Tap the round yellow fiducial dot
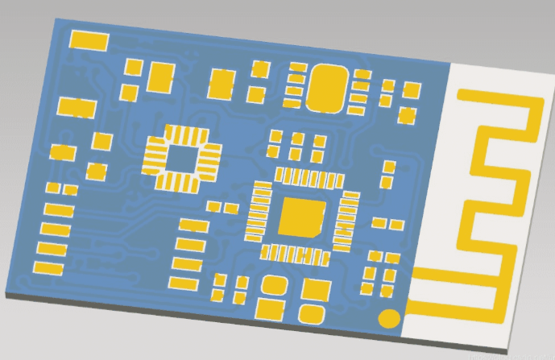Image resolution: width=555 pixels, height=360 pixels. [390, 318]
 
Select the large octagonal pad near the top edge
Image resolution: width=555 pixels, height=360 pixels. [328, 87]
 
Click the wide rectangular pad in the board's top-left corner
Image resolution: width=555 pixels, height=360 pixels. [90, 40]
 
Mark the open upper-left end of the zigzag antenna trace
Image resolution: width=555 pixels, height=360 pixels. [461, 95]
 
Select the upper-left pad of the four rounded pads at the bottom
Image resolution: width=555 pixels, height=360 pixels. [274, 285]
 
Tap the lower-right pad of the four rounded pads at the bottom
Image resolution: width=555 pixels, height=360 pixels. [311, 313]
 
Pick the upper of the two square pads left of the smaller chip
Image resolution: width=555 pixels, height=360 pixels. [101, 142]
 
